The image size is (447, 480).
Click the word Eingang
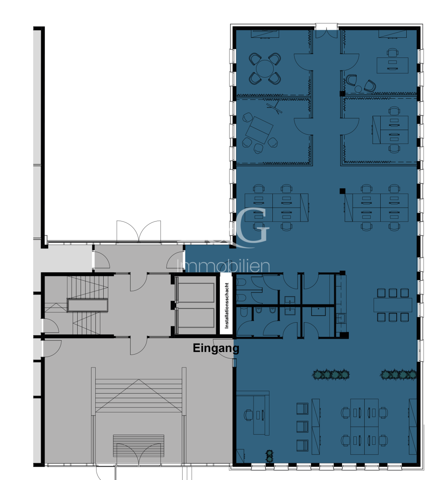tap(216, 348)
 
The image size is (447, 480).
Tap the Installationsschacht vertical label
tap(227, 305)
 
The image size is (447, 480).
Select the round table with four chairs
tap(265, 68)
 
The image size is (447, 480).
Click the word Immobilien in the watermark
tap(223, 266)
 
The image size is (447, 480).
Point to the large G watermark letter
tap(252, 225)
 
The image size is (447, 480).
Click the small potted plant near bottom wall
tap(269, 456)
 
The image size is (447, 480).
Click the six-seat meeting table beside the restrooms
tap(393, 305)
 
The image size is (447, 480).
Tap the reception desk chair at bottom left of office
tap(248, 415)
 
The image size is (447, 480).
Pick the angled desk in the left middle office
tap(259, 130)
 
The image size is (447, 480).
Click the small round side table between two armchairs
tap(358, 89)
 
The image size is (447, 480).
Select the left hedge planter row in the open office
tap(331, 374)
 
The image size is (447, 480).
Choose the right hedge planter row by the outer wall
tap(398, 374)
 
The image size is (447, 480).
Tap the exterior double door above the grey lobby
tap(139, 232)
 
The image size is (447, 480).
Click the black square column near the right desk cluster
tap(342, 191)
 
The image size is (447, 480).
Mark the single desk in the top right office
tap(392, 65)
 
